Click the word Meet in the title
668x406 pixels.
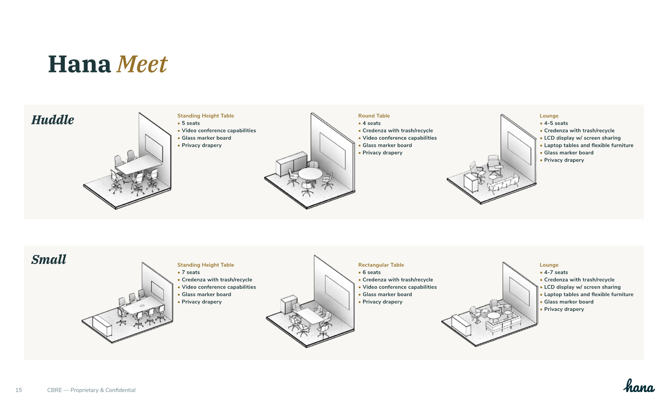(142, 64)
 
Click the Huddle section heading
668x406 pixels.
(53, 120)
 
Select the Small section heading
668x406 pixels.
(49, 260)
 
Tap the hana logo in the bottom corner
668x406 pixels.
(639, 386)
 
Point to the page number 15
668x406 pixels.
(19, 390)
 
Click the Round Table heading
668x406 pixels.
(374, 116)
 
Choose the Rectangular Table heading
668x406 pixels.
(381, 265)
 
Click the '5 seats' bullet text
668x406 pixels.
(191, 123)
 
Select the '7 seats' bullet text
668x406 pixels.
(191, 273)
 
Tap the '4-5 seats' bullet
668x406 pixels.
(556, 123)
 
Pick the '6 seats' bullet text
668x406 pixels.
(371, 273)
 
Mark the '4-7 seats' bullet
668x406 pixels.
(556, 273)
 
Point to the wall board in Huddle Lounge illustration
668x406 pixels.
(519, 148)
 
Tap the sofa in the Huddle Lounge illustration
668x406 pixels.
(503, 184)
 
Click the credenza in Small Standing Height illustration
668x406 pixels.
(102, 326)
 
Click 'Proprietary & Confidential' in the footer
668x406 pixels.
(103, 390)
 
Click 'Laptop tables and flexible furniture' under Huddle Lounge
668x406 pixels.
(588, 146)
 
